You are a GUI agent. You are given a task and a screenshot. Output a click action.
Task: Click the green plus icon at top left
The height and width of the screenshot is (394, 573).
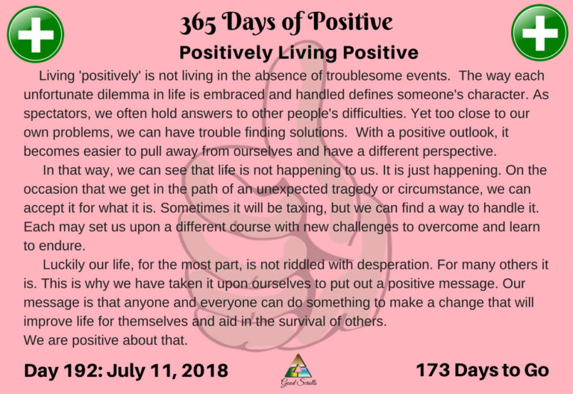34,34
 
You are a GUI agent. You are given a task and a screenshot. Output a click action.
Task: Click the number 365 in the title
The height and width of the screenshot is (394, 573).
204,24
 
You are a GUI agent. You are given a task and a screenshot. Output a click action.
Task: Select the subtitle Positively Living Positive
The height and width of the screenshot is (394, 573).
298,53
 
